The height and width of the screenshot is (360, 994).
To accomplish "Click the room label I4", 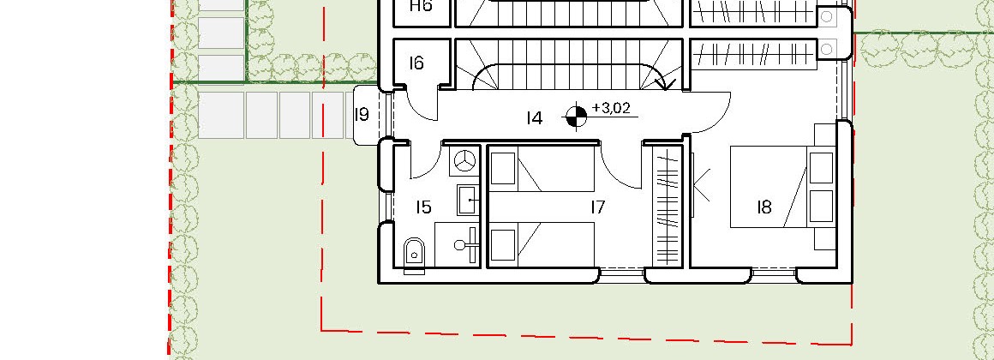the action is [535, 118].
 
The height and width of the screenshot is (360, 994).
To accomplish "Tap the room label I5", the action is [423, 207].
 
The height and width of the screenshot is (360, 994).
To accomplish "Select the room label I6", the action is [416, 63].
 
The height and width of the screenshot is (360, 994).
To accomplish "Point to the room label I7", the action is [597, 207].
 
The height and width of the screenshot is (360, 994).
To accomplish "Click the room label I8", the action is [763, 207].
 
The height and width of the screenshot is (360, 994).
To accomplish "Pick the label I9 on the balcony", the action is [362, 115].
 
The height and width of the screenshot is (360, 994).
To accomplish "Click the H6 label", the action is [420, 6].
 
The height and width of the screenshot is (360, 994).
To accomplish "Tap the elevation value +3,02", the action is [611, 108].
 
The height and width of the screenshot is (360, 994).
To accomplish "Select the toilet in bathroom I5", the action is [414, 254].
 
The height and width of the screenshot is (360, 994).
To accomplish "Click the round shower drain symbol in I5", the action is [466, 161].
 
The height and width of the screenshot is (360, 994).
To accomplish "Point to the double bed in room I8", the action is [783, 187].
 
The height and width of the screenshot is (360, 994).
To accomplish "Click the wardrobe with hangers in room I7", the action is [668, 206].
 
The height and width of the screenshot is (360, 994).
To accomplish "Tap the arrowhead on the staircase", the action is [668, 83].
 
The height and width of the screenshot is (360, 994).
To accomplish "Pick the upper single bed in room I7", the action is [542, 169].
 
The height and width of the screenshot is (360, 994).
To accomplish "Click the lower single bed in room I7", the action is [542, 244].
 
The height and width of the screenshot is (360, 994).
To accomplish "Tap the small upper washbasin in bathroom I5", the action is [469, 200].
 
